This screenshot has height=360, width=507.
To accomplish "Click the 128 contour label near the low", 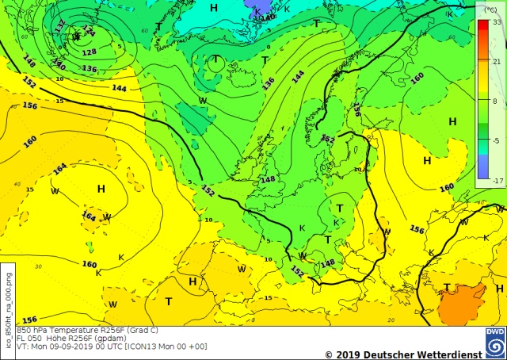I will (x=89, y=52).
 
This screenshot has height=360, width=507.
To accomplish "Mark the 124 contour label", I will (x=88, y=32).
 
